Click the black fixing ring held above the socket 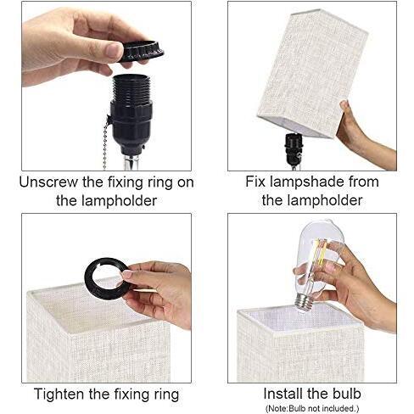tap(141, 52)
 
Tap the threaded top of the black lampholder tap(131, 87)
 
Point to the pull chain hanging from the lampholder tap(106, 142)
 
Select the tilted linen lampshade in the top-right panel tap(312, 74)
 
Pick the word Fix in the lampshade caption tap(255, 182)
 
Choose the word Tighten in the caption tap(59, 394)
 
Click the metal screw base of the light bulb tap(303, 303)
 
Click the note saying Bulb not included tap(312, 408)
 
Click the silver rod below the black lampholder tap(131, 162)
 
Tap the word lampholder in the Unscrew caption tap(119, 201)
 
